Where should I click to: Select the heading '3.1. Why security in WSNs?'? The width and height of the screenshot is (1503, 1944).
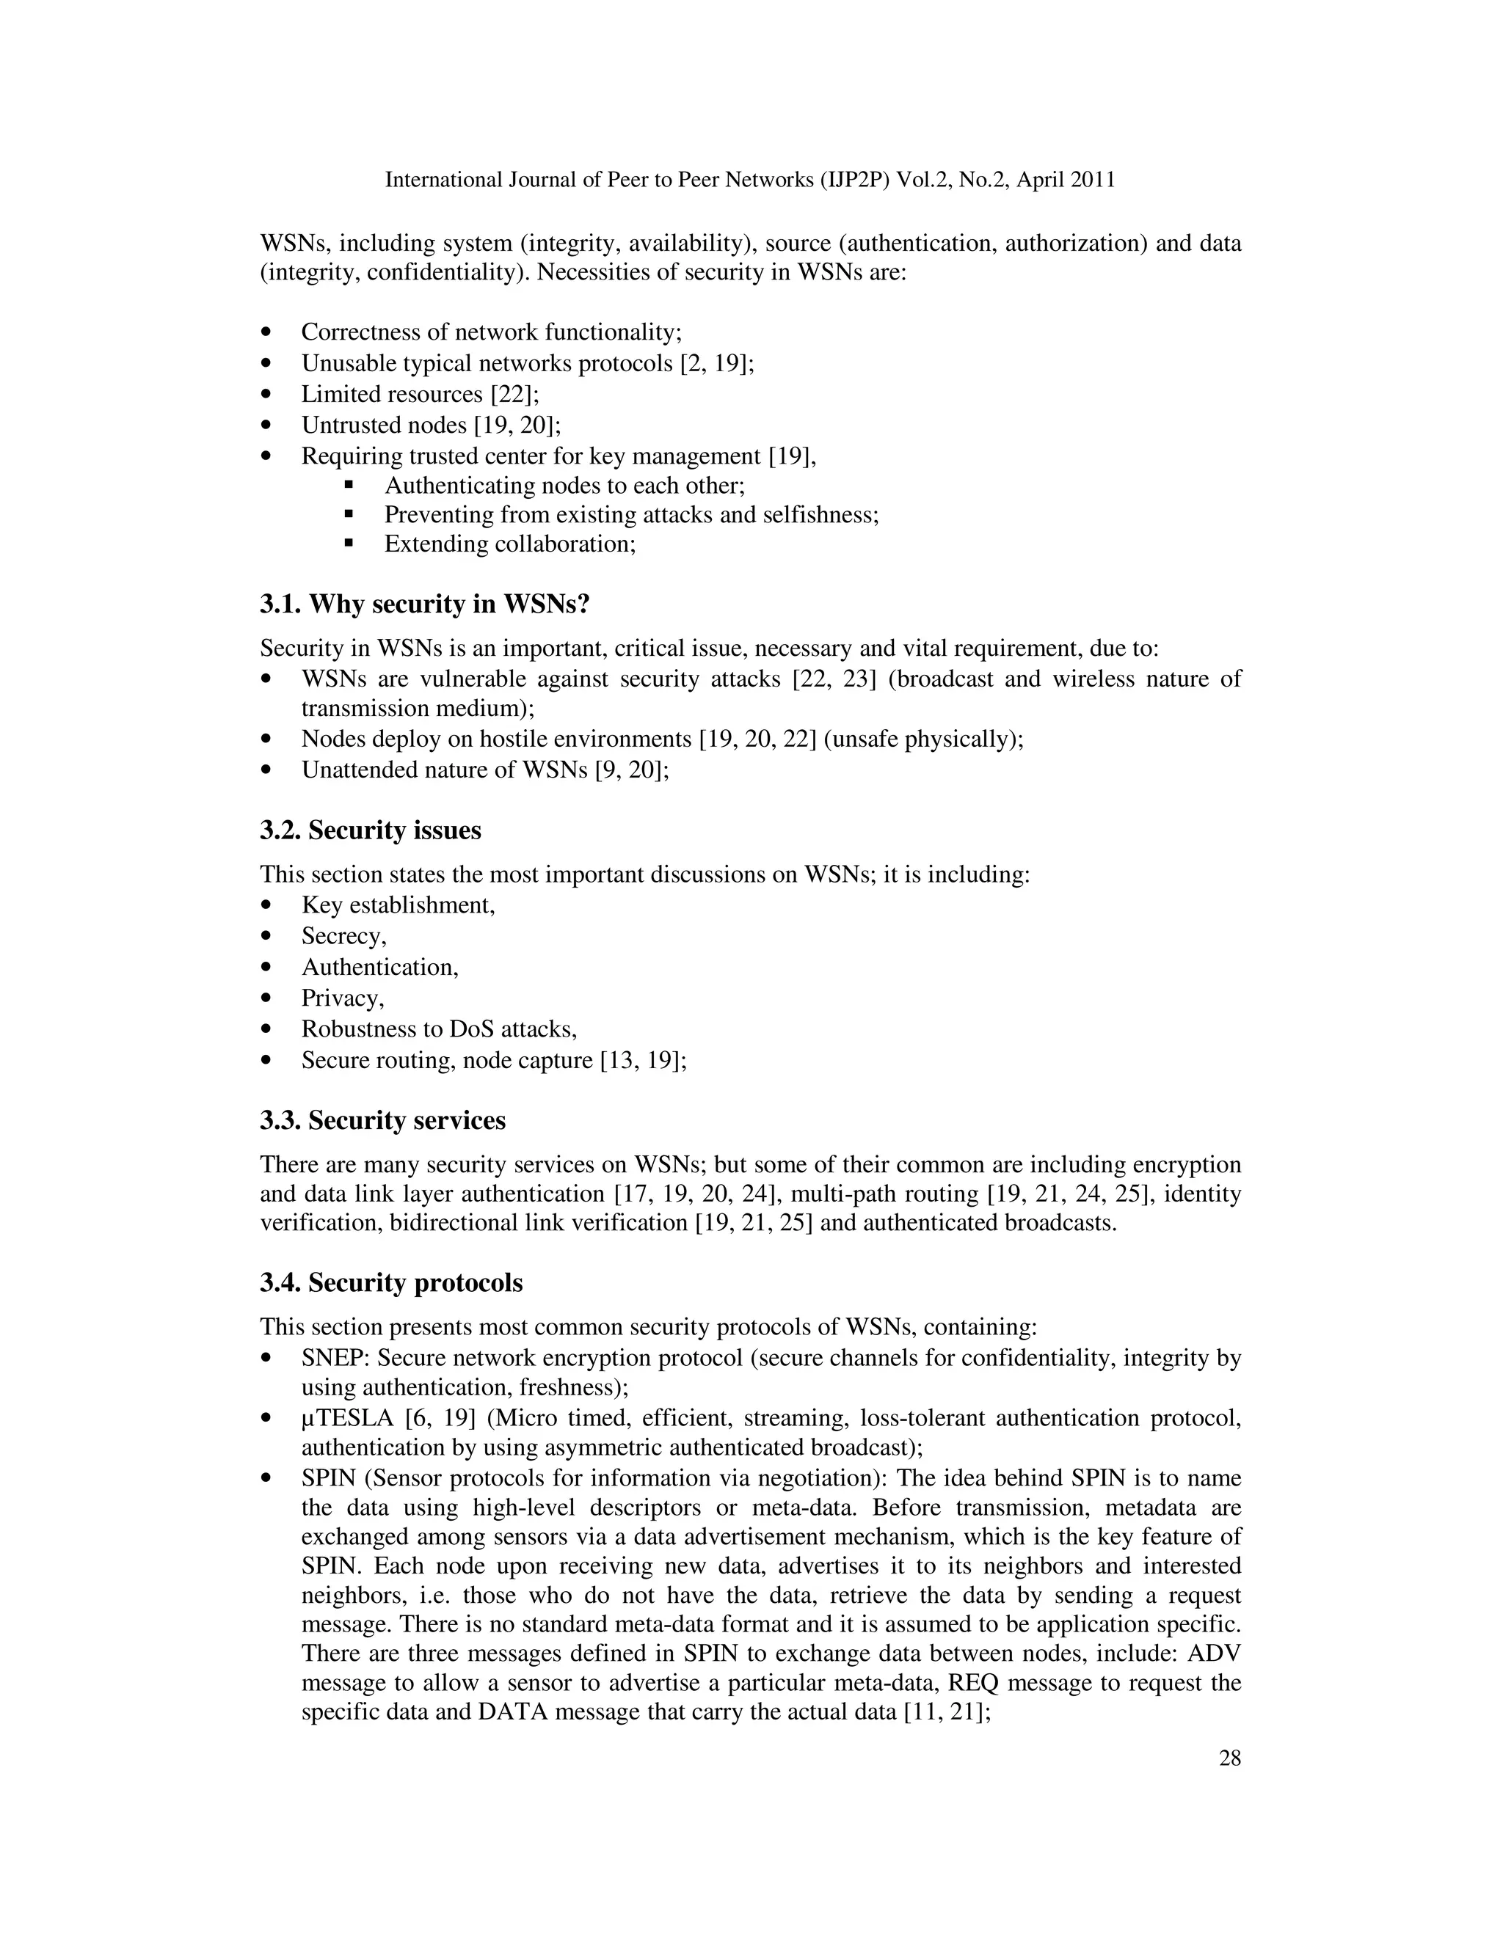pos(425,604)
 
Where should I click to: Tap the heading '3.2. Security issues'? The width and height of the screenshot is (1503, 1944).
pos(371,830)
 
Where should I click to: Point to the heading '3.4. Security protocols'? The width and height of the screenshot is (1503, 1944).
pos(391,1282)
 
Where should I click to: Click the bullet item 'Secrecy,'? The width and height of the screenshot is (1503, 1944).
pos(343,936)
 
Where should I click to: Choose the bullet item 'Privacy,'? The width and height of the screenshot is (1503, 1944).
pos(343,998)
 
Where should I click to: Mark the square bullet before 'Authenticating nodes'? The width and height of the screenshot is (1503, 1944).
pos(348,486)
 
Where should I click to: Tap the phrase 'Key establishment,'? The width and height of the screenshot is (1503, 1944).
pos(398,905)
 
